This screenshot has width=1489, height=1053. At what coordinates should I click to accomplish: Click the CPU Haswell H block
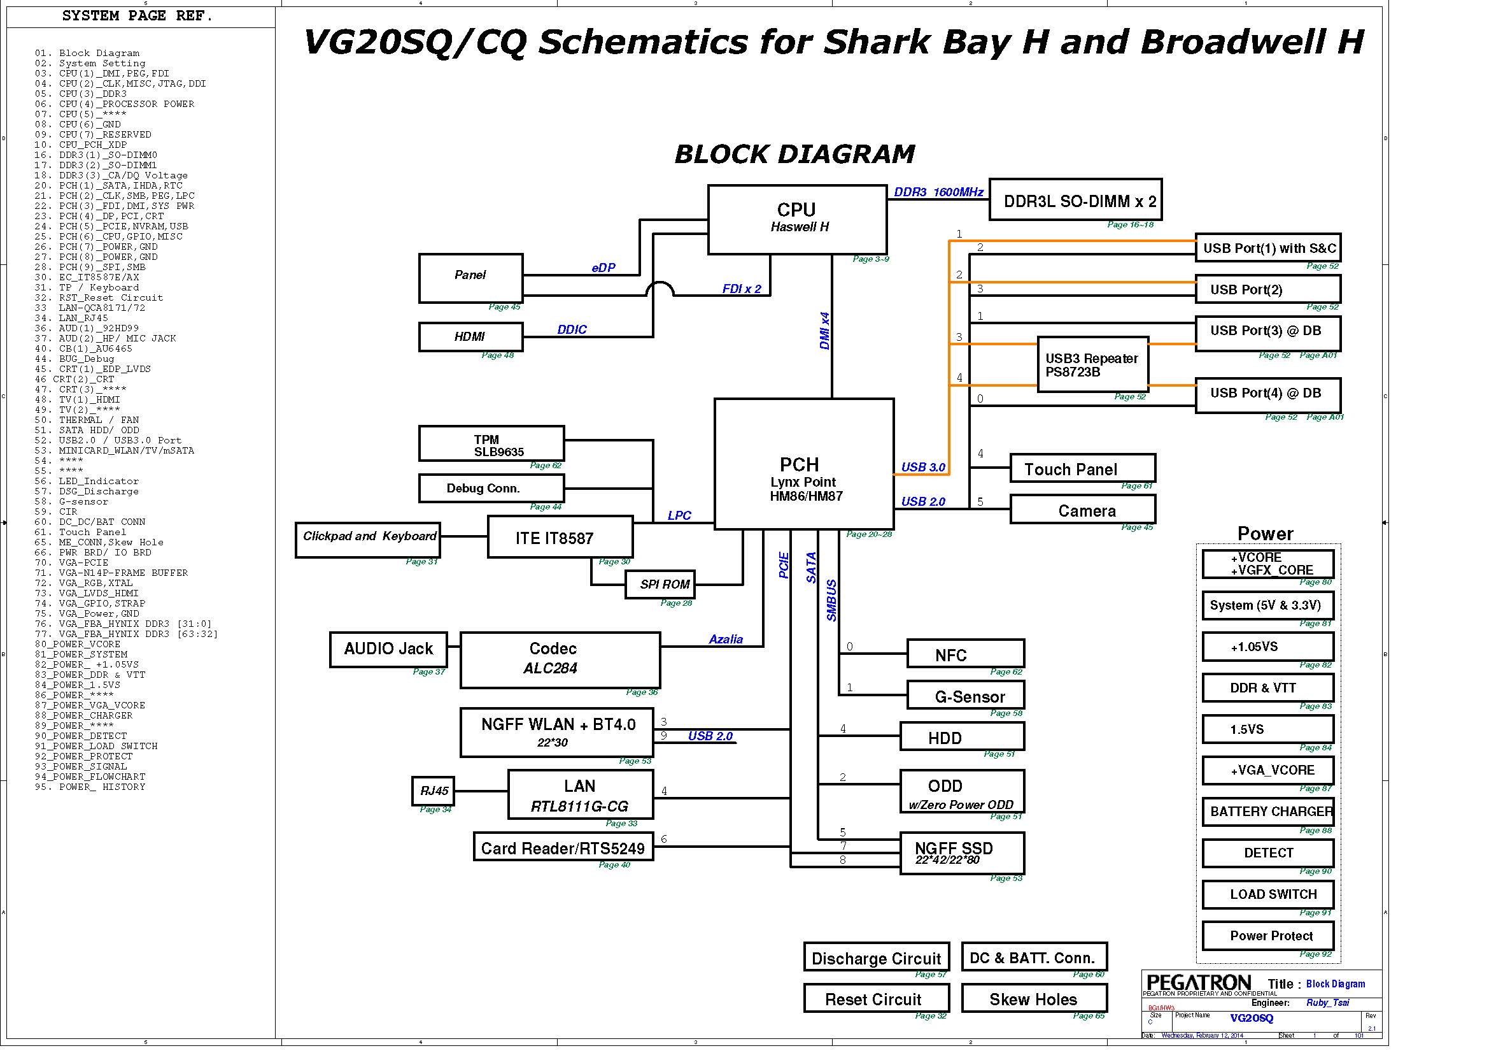pos(797,218)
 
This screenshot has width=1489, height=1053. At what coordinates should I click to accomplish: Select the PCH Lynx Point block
pos(803,463)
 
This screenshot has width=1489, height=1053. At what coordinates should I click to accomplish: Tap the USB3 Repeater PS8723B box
pos(1093,364)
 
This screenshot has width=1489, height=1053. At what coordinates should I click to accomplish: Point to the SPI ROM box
pos(660,584)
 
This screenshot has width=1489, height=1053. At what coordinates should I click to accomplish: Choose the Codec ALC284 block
pos(560,660)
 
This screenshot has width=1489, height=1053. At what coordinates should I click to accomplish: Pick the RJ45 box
pos(434,791)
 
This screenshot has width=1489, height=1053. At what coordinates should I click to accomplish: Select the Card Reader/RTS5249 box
pos(563,847)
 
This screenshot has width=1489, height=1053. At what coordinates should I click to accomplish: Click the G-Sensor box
pos(965,696)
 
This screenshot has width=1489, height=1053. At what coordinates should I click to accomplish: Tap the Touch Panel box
pos(1082,468)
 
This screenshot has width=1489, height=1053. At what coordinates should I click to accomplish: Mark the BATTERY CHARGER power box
pos(1268,811)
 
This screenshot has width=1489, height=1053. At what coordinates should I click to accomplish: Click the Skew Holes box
pos(1034,998)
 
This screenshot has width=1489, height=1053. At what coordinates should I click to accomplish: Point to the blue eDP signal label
pos(603,268)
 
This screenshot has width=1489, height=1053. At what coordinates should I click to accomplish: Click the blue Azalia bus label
pos(725,639)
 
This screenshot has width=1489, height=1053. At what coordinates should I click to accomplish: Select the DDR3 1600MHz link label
pos(938,192)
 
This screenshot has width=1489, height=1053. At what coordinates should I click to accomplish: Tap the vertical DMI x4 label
pos(824,331)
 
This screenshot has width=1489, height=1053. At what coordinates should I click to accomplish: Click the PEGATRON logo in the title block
pos(1199,983)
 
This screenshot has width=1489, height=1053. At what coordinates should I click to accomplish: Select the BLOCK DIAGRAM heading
pos(794,154)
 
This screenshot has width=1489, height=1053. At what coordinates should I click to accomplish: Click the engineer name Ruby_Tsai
pos(1327,1003)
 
